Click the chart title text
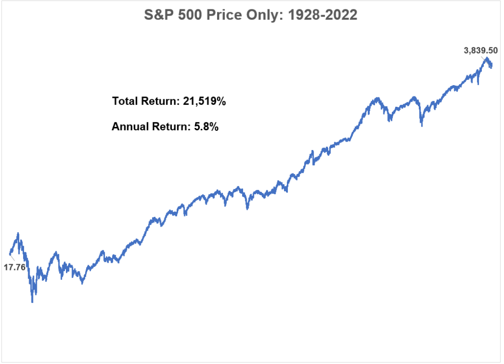pyautogui.click(x=251, y=15)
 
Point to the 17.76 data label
pyautogui.click(x=15, y=268)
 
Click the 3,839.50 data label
pyautogui.click(x=481, y=50)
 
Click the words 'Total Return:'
pyautogui.click(x=144, y=102)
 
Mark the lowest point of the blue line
pyautogui.click(x=32, y=301)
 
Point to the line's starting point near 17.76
pyautogui.click(x=10, y=254)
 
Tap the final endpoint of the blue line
pyautogui.click(x=491, y=66)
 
